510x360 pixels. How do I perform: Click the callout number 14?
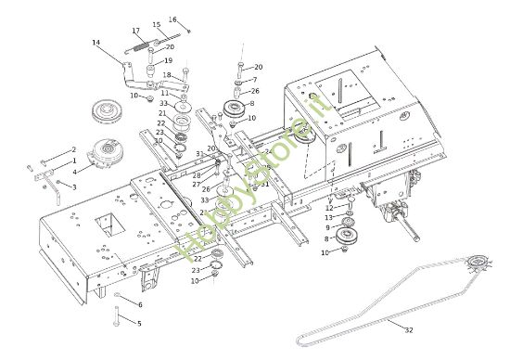[96, 43]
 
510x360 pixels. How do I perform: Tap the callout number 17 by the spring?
[136, 31]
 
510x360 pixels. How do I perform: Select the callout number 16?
[172, 19]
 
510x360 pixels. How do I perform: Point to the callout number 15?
[156, 25]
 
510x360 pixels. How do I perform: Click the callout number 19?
[169, 60]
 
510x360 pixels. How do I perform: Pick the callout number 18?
[167, 75]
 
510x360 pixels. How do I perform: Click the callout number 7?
[255, 80]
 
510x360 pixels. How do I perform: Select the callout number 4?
[75, 170]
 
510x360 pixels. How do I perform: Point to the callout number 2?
[73, 149]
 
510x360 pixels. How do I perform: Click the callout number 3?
[73, 186]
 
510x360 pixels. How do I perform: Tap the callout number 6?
[140, 304]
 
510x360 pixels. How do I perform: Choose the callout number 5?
[140, 324]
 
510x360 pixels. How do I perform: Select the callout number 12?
[328, 208]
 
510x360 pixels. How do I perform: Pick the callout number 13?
[328, 218]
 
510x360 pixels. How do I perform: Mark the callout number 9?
[326, 227]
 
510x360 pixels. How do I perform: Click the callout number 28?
[197, 174]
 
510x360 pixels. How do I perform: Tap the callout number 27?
[197, 184]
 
